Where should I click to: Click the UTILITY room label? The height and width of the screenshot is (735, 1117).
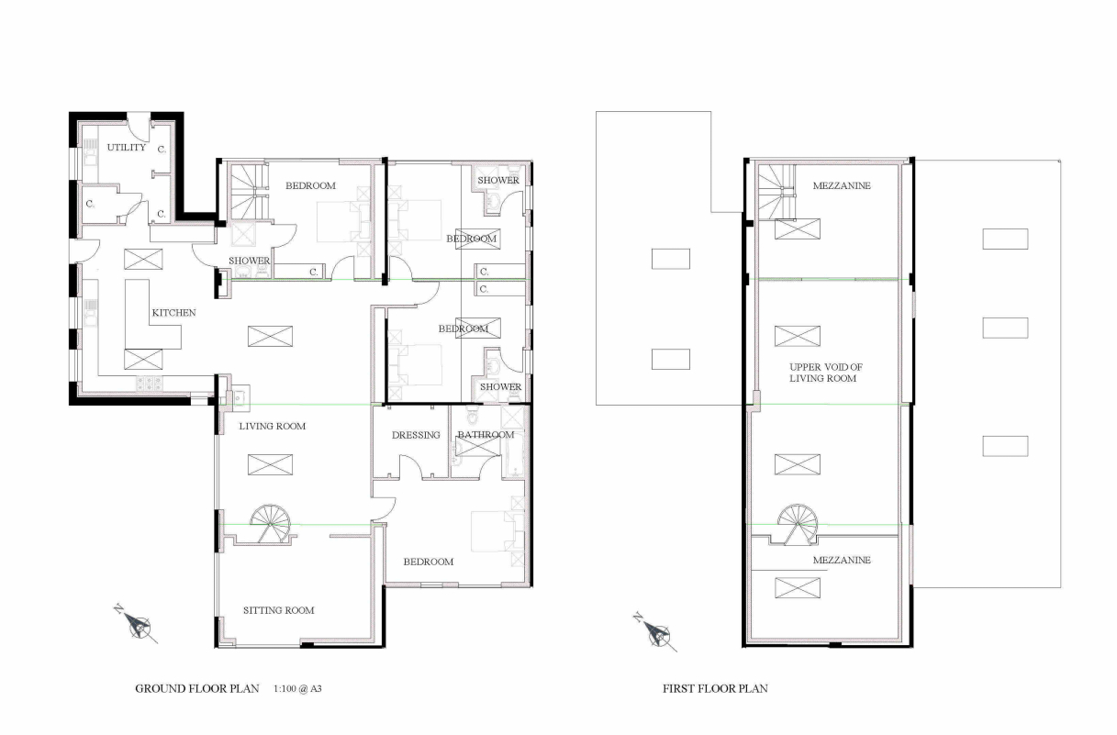pos(126,147)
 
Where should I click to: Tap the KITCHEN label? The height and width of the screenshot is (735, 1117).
pos(173,313)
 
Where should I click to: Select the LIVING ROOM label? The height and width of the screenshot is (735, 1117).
pos(272,426)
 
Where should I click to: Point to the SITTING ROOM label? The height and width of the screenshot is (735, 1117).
pos(278,610)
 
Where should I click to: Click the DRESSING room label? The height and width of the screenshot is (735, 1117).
pos(416,435)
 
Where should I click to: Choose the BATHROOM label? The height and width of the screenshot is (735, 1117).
pos(486,434)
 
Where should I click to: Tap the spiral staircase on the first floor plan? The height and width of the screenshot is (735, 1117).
pos(798,525)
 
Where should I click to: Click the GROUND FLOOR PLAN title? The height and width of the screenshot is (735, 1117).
pos(197,688)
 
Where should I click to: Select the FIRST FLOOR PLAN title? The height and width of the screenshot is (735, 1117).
pos(715,688)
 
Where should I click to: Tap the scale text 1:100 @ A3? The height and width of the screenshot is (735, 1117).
pos(297,688)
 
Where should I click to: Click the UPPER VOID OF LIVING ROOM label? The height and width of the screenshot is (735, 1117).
pos(825,373)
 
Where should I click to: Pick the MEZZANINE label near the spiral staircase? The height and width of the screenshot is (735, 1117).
pos(842,560)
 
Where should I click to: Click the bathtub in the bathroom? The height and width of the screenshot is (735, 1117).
pos(515,455)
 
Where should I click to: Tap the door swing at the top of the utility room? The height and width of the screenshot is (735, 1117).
pos(138,128)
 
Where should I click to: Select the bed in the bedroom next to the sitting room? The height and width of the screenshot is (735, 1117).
pos(497,531)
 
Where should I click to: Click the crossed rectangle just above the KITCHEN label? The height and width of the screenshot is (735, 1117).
pos(143,260)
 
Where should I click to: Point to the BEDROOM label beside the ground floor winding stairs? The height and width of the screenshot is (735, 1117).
pos(310,185)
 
